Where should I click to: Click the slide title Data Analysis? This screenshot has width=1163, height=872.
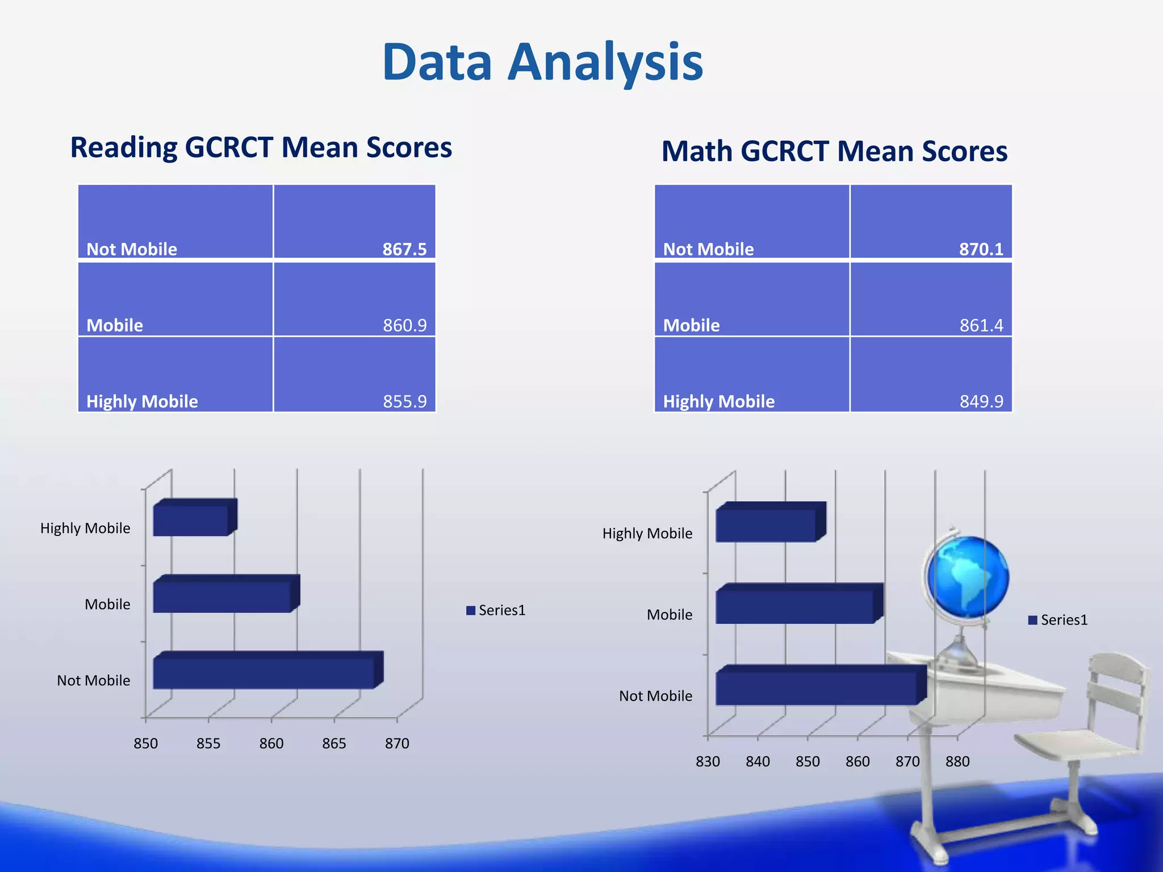click(543, 62)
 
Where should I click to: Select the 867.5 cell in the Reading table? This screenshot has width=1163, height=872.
click(404, 249)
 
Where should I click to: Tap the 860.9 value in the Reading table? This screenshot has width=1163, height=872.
click(404, 325)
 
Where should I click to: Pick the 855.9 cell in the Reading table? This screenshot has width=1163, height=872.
click(404, 401)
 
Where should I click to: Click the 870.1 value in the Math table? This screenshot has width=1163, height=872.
click(981, 249)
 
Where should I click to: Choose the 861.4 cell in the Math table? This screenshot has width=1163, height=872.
click(981, 325)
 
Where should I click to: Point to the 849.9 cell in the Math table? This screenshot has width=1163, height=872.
click(981, 401)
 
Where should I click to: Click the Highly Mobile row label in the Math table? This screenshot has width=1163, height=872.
click(718, 401)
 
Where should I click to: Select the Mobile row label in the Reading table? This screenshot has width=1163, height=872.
click(115, 325)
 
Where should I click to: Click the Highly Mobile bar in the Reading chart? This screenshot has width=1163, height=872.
click(191, 521)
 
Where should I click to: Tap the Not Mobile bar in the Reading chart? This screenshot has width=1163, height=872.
click(264, 673)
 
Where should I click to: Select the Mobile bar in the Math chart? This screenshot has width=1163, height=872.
click(795, 607)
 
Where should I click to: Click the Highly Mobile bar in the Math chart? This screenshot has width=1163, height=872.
click(766, 525)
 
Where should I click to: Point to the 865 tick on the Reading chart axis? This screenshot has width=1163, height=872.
click(334, 743)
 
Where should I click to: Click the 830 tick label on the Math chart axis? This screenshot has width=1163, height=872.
click(708, 761)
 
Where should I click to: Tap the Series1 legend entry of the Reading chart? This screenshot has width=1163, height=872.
click(496, 610)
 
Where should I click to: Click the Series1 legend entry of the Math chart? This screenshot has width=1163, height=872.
click(1058, 620)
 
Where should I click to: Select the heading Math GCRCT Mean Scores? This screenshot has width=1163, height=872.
click(834, 152)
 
